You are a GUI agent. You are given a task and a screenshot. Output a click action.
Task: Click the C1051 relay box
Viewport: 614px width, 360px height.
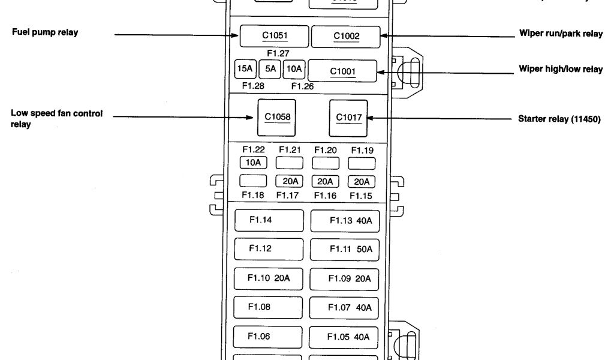(275, 36)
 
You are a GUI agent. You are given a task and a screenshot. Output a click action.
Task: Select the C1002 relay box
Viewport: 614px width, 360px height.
(346, 37)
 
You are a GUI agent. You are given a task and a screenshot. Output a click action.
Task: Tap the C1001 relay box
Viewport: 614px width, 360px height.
(342, 71)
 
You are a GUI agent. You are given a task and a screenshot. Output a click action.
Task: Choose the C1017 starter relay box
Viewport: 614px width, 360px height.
(348, 118)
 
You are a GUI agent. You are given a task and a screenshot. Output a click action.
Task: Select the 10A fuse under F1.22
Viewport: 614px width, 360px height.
(253, 162)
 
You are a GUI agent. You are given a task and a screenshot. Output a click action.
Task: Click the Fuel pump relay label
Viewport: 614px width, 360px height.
(45, 32)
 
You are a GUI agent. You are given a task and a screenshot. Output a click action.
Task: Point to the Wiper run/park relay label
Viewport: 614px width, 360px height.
(560, 34)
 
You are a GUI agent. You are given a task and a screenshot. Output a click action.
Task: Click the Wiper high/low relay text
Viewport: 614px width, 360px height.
(560, 70)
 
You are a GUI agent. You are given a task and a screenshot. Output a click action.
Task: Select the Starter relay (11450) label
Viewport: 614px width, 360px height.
(559, 119)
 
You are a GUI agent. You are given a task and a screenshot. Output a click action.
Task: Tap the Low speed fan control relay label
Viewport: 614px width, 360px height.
(56, 119)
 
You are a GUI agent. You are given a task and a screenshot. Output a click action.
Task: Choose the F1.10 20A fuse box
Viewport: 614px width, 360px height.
(268, 278)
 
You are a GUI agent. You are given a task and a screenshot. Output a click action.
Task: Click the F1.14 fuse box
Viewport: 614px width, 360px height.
(268, 220)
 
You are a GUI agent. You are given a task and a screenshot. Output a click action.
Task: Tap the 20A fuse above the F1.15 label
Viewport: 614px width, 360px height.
(362, 181)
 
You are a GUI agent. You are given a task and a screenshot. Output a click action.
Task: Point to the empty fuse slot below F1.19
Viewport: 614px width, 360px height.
(362, 163)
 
